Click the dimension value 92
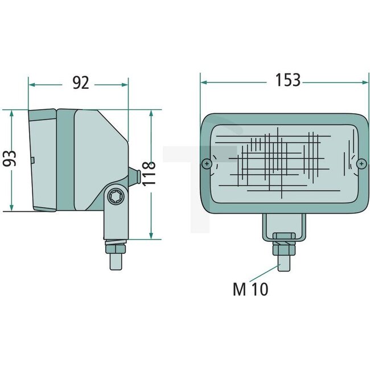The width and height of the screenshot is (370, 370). tap(81, 83)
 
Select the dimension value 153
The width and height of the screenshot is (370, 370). tap(287, 80)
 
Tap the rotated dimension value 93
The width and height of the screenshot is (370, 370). tap(10, 158)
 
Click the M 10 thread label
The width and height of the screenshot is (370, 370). tap(250, 289)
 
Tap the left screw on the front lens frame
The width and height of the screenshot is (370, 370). tap(207, 164)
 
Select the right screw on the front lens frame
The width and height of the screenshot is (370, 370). tap(361, 164)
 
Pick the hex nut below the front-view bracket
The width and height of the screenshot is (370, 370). tap(283, 249)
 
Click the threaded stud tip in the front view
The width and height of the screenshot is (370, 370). tap(283, 262)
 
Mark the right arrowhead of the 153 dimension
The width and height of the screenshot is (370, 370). tap(364, 81)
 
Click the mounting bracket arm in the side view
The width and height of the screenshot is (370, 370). tap(115, 219)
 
